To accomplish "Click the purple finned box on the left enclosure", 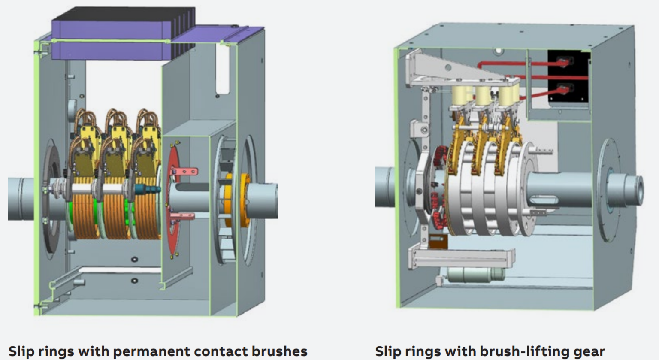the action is (124, 34).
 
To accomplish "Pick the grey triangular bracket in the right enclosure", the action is (453, 69).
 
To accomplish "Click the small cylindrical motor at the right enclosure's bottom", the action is (474, 275).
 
